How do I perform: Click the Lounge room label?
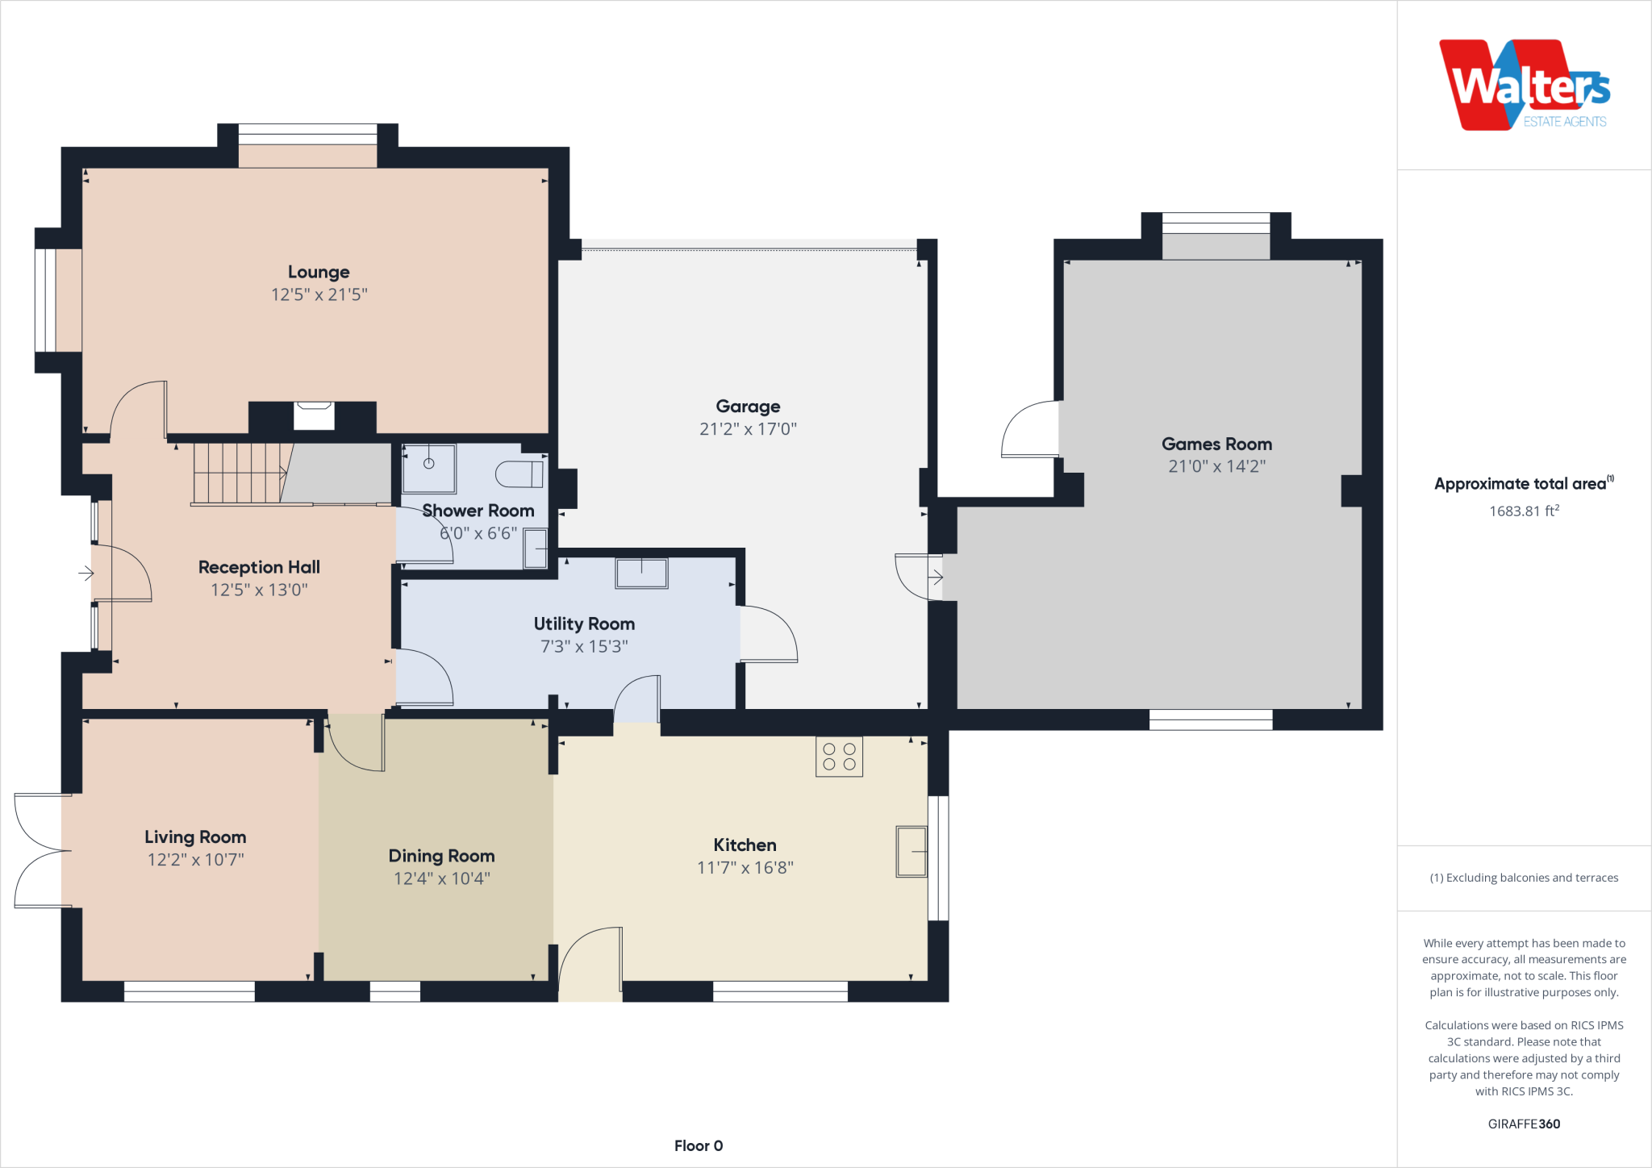point(319,272)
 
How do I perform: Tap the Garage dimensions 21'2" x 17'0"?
point(748,429)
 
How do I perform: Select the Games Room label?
point(1216,444)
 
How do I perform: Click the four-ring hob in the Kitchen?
point(839,757)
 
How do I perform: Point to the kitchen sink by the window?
point(912,851)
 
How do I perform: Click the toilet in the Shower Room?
point(519,473)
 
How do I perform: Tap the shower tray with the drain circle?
point(429,468)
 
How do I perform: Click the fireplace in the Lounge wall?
point(314,415)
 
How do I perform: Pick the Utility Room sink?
point(641,574)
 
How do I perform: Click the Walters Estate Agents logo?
point(1523,86)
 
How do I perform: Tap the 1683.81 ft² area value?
point(1523,511)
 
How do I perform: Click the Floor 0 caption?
point(699,1145)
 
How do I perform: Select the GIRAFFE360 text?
point(1523,1124)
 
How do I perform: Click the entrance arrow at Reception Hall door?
point(86,574)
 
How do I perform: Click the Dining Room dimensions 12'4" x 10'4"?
point(441,878)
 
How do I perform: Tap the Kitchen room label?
point(745,845)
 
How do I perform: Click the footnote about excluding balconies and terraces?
point(1523,878)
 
